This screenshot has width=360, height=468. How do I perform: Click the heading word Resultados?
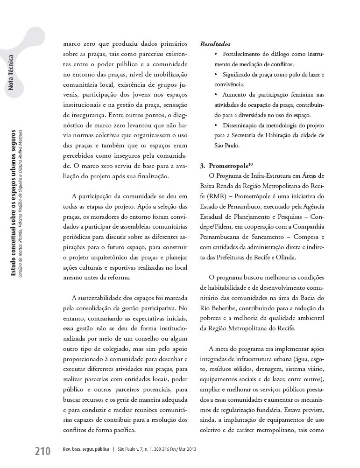point(215,44)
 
